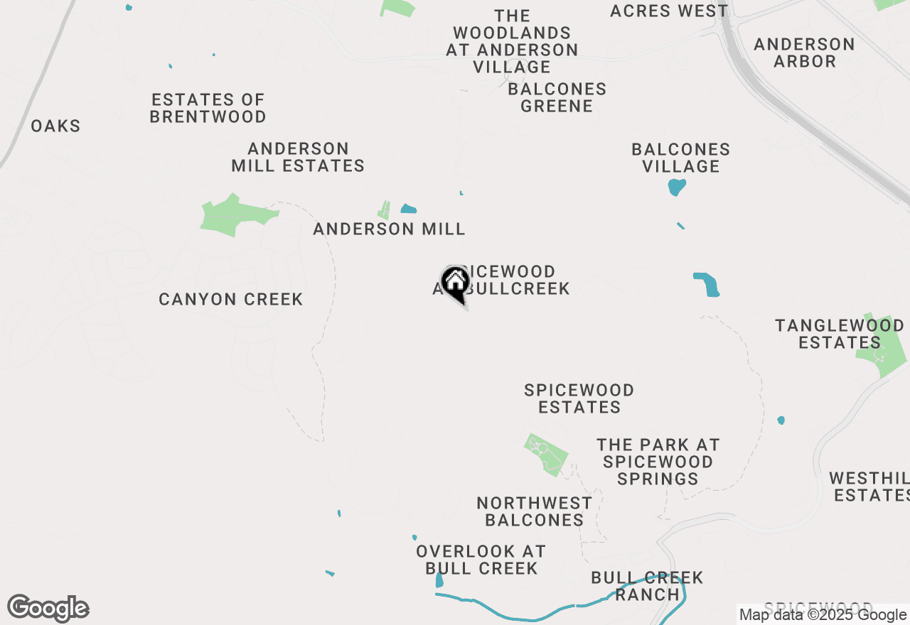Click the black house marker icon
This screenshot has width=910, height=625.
pos(455,283)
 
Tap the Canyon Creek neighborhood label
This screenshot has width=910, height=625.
pos(231,299)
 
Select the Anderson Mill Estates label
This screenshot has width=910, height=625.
pos(298,157)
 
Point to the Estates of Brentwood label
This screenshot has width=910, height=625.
pos(208,108)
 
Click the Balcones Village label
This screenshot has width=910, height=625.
pos(681,158)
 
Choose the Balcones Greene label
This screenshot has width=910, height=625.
pos(557,97)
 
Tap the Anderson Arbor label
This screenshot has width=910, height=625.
pos(804,53)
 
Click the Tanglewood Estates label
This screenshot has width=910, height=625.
pos(839,334)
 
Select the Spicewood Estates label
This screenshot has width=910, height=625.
pos(579,398)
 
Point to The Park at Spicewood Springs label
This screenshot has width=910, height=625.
pos(658,462)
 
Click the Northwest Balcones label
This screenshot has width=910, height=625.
pos(534,511)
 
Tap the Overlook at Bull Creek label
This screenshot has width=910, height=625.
pos(481,560)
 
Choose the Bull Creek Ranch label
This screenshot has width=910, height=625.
pos(647,586)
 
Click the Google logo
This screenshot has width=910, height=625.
pos(48,608)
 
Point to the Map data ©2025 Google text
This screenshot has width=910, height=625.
pos(823,615)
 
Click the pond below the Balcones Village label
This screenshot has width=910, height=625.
pos(677,187)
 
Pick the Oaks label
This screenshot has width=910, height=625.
pos(55,126)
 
